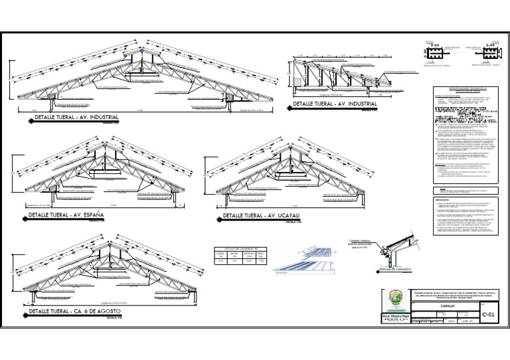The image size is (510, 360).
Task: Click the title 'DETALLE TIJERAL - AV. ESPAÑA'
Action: pos(65,216)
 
